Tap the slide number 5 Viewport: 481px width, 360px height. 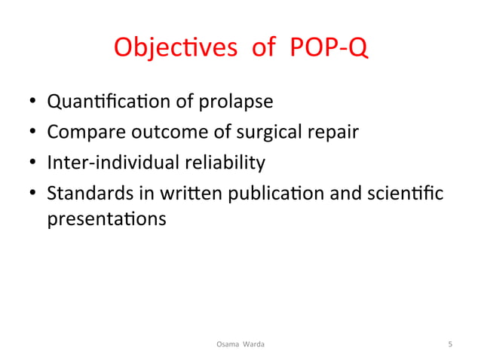click(450, 344)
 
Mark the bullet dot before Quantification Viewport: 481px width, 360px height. click(32, 103)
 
